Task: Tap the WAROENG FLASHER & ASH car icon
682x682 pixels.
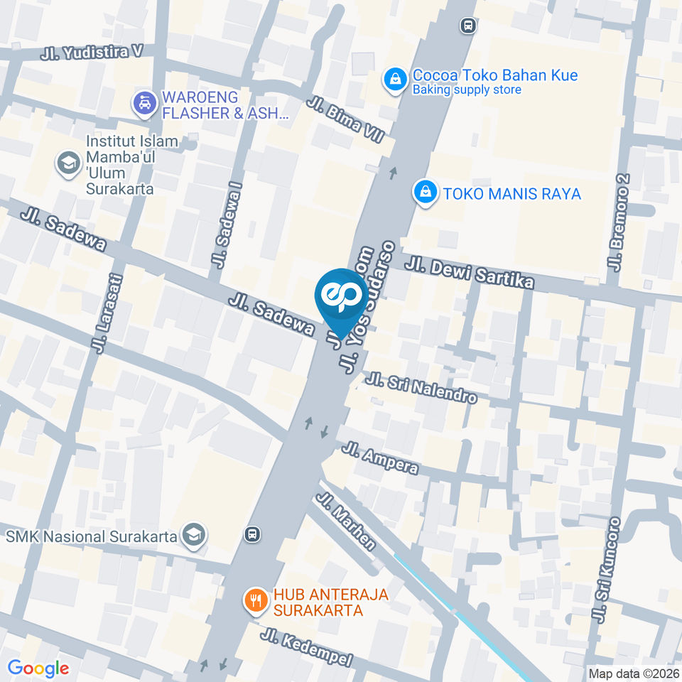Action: (x=145, y=104)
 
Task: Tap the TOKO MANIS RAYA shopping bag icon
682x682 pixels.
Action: (x=425, y=193)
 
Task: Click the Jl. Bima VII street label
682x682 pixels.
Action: (x=345, y=118)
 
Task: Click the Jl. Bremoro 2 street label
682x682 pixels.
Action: (x=618, y=222)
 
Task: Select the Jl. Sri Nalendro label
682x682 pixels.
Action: (x=421, y=387)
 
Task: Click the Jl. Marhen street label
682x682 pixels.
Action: (x=347, y=522)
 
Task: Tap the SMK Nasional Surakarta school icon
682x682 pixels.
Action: (x=193, y=536)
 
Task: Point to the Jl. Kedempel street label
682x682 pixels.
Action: (x=306, y=648)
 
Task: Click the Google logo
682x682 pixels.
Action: (x=38, y=668)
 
